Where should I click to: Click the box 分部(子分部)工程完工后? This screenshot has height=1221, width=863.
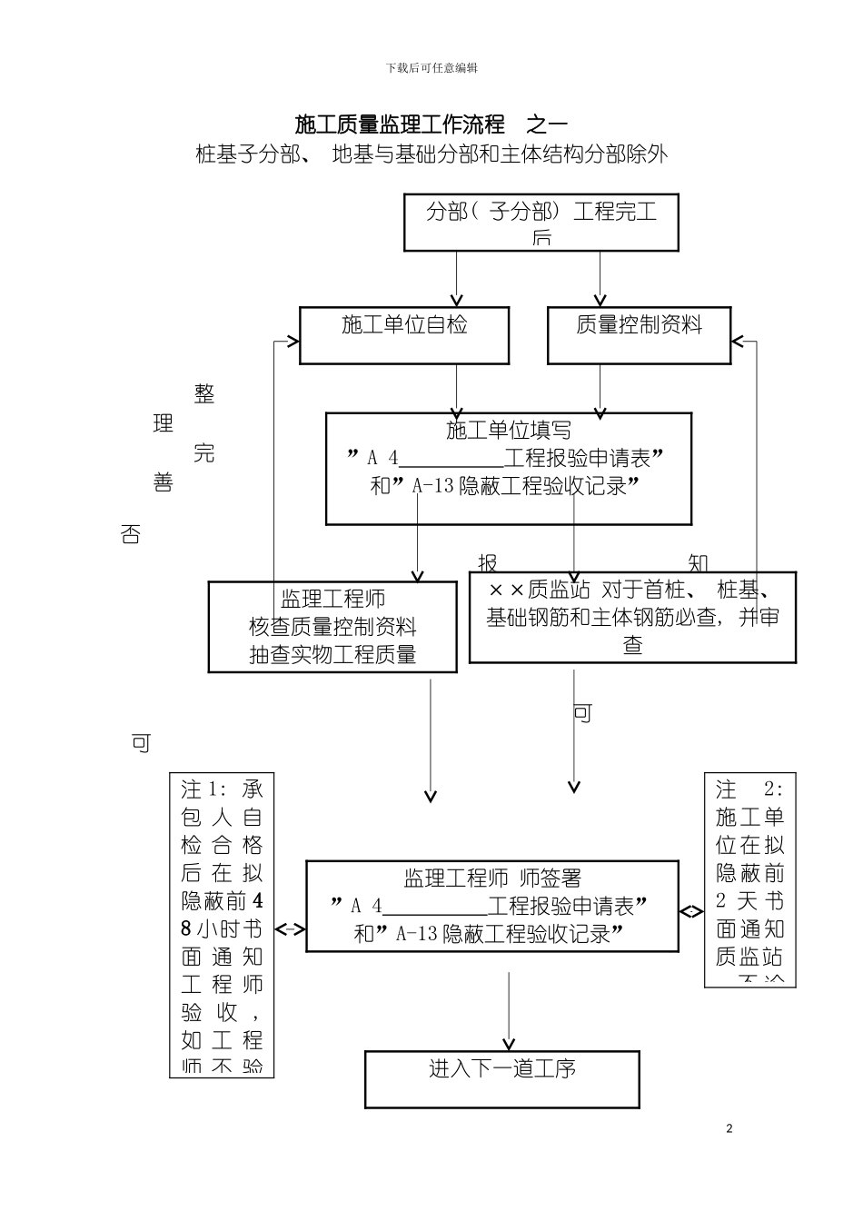point(541,223)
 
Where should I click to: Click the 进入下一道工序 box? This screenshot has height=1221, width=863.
point(501,1078)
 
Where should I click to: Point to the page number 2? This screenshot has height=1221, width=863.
point(729,1129)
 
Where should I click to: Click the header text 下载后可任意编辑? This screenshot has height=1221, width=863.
point(431,68)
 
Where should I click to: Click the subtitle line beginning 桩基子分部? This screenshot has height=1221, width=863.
point(431,154)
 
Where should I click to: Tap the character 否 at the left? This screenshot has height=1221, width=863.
point(130,534)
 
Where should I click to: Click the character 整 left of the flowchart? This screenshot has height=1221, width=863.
point(204,394)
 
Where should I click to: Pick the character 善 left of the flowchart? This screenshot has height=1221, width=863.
point(164,482)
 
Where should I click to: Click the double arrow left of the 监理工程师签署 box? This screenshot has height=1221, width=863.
point(290,928)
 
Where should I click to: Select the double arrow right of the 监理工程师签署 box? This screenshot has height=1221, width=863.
point(691,911)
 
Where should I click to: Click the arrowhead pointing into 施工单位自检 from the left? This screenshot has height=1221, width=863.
point(293,342)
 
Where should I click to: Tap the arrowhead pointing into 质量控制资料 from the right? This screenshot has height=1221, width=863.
point(738,342)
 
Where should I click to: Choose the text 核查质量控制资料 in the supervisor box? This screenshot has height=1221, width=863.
point(332,627)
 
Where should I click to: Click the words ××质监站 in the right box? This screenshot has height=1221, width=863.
point(539,590)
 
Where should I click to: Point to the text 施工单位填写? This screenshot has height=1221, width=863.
point(509,430)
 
